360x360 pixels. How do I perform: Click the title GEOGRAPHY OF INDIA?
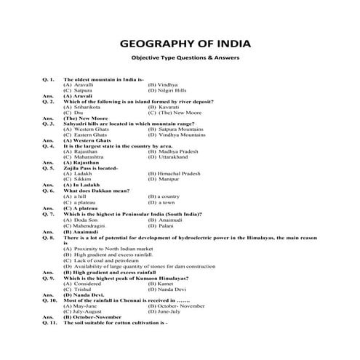pos(180,42)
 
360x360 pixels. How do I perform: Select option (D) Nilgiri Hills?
pos(167,90)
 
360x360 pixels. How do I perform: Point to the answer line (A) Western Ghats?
pos(87,140)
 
